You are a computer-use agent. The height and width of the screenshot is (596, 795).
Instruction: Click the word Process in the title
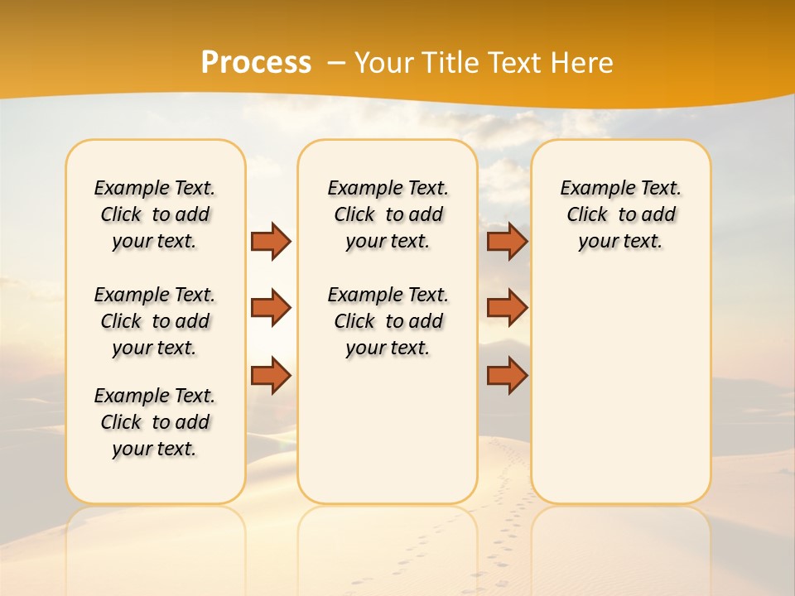[x=256, y=62]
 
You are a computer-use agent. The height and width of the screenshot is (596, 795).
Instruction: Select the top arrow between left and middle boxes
[x=271, y=241]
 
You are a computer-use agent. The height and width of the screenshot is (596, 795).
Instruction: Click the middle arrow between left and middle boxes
[x=271, y=308]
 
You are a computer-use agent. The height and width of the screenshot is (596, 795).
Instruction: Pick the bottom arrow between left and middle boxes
[x=271, y=375]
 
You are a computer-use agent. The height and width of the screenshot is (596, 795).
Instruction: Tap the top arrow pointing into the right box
[x=507, y=241]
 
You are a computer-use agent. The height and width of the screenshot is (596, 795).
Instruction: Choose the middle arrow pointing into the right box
[x=507, y=308]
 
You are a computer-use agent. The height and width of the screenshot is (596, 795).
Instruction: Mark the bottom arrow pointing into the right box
[x=507, y=375]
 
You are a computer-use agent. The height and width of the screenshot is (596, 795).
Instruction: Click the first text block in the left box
[x=155, y=214]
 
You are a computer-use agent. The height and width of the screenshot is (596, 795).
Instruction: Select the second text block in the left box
[x=155, y=321]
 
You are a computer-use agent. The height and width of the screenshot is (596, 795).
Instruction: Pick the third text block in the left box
[x=155, y=422]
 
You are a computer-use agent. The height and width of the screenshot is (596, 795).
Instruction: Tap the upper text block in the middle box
[x=388, y=214]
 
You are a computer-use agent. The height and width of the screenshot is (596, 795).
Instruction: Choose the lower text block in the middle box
[x=388, y=321]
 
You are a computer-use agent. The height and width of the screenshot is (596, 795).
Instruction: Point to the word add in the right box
[x=658, y=215]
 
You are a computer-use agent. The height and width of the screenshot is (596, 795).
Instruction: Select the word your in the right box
[x=595, y=242]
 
